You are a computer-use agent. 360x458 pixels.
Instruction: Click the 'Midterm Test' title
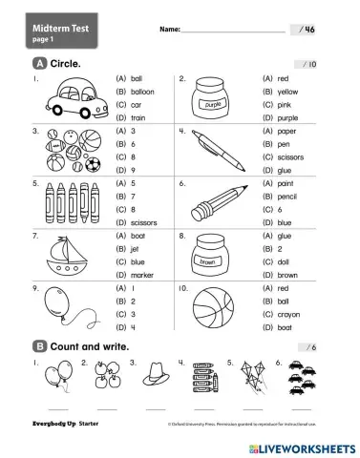coord(60,30)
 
